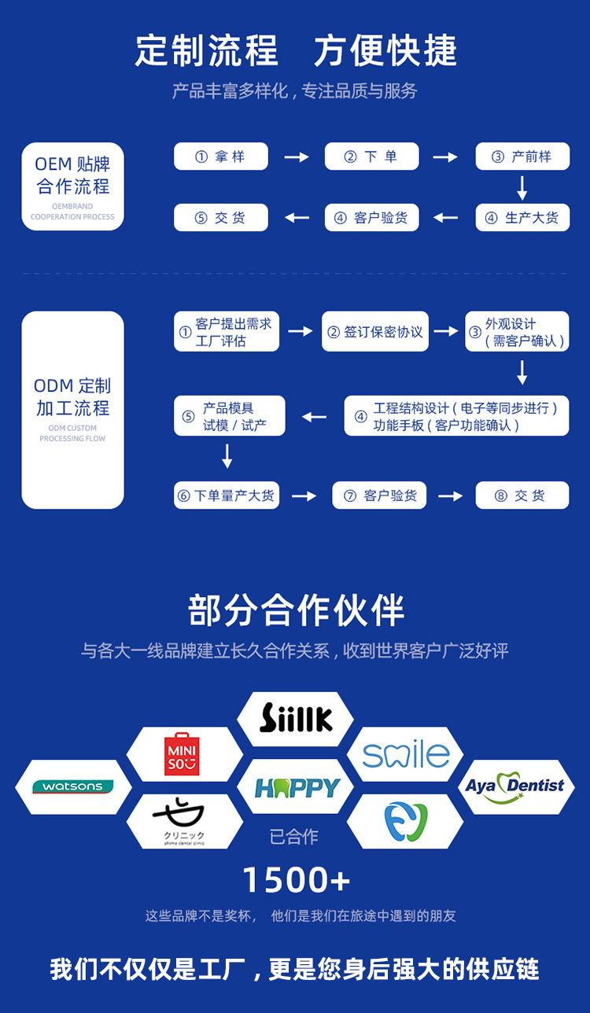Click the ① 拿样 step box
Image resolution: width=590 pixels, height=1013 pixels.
pos(220,157)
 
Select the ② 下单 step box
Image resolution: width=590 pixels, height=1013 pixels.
pos(371,157)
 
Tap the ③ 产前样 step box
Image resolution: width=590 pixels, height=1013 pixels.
pos(522,157)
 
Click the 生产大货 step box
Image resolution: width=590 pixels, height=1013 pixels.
pos(522,218)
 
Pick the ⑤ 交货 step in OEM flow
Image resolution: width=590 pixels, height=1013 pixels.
pos(220,218)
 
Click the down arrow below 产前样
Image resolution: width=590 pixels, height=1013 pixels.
pos(522,187)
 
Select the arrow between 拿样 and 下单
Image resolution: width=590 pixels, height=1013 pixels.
pos(296,157)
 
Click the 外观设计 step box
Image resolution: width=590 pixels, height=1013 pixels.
pos(517,332)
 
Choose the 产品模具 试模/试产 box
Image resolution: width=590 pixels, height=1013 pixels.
pos(229,416)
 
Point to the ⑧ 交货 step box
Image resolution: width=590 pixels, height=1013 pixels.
pos(522,495)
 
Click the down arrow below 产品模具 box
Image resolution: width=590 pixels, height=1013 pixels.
pos(227,456)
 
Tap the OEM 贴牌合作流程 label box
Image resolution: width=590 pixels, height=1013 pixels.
pos(72,186)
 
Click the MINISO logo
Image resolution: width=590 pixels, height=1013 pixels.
pos(182,754)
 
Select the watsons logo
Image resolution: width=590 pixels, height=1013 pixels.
pos(72,786)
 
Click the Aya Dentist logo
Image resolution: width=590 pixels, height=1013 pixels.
pos(515,786)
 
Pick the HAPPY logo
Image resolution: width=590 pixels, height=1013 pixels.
pos(296,786)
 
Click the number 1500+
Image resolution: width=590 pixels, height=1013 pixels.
pos(296,880)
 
